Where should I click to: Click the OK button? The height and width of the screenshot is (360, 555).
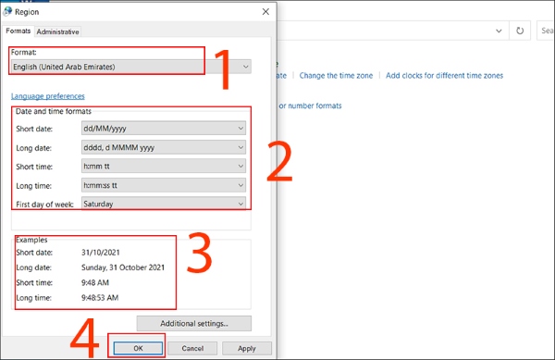tap(136, 348)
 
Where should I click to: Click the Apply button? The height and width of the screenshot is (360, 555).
tap(247, 348)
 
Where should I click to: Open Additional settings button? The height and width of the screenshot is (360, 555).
tap(194, 324)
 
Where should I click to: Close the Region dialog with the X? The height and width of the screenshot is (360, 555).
tap(266, 12)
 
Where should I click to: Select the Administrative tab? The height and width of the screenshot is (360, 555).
tap(57, 31)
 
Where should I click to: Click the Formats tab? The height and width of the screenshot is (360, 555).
tap(18, 31)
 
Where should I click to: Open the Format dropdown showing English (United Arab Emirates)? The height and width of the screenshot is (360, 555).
tap(129, 67)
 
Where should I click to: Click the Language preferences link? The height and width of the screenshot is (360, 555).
tap(48, 96)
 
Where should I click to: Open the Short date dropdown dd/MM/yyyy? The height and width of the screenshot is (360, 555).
tap(163, 129)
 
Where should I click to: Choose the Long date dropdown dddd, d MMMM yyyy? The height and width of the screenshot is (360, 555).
tap(163, 147)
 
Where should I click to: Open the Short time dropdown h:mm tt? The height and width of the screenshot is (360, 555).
tap(163, 167)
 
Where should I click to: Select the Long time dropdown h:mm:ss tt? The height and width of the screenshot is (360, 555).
tap(163, 185)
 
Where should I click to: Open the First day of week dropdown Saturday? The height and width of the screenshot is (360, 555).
tap(163, 204)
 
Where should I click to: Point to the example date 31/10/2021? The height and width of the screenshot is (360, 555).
tap(100, 253)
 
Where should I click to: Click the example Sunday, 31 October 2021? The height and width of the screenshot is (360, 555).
tap(123, 267)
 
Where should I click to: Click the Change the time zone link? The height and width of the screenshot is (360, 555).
tap(337, 75)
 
